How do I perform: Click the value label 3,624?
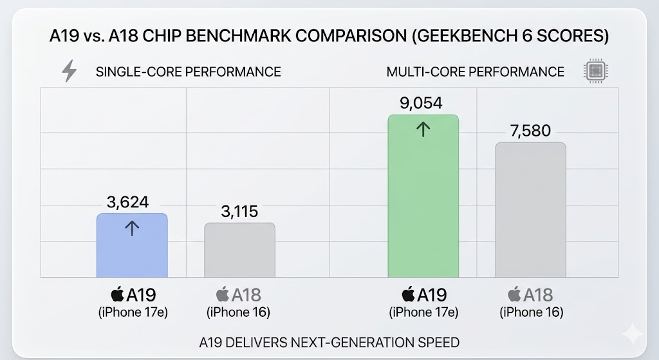pos(127,202)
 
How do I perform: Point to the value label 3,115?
pos(239,212)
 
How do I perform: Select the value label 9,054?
pos(421,103)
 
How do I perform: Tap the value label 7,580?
pos(530,131)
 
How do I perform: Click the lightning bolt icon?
pos(68,71)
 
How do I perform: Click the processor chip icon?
pos(595,71)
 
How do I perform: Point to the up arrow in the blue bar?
pos(132,227)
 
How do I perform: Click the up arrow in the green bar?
pos(423,129)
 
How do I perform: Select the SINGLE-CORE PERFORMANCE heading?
pos(188,71)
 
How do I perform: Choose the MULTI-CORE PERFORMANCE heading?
pos(475,71)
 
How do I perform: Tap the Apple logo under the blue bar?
pos(117,295)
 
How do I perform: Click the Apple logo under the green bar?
pos(408,295)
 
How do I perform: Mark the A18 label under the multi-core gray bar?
pos(538,295)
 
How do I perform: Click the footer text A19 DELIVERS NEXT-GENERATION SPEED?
pos(329,342)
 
